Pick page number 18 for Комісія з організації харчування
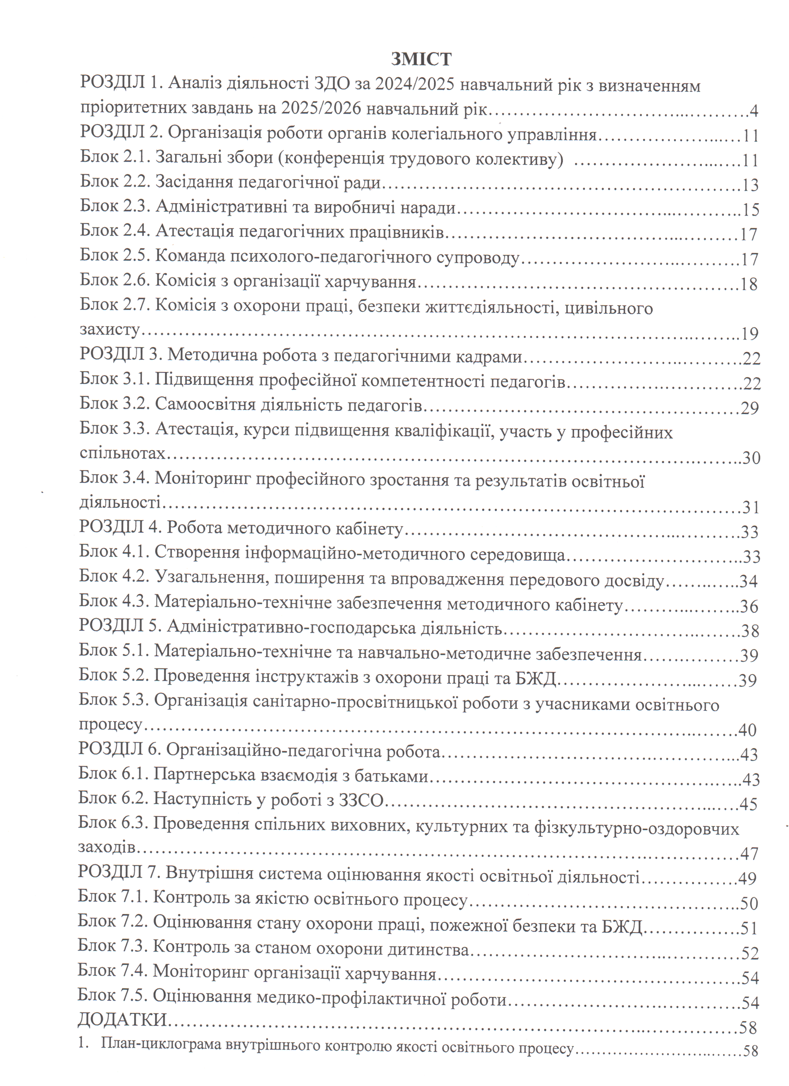tap(749, 285)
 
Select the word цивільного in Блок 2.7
tap(609, 308)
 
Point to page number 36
tap(749, 607)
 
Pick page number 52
tap(750, 953)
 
